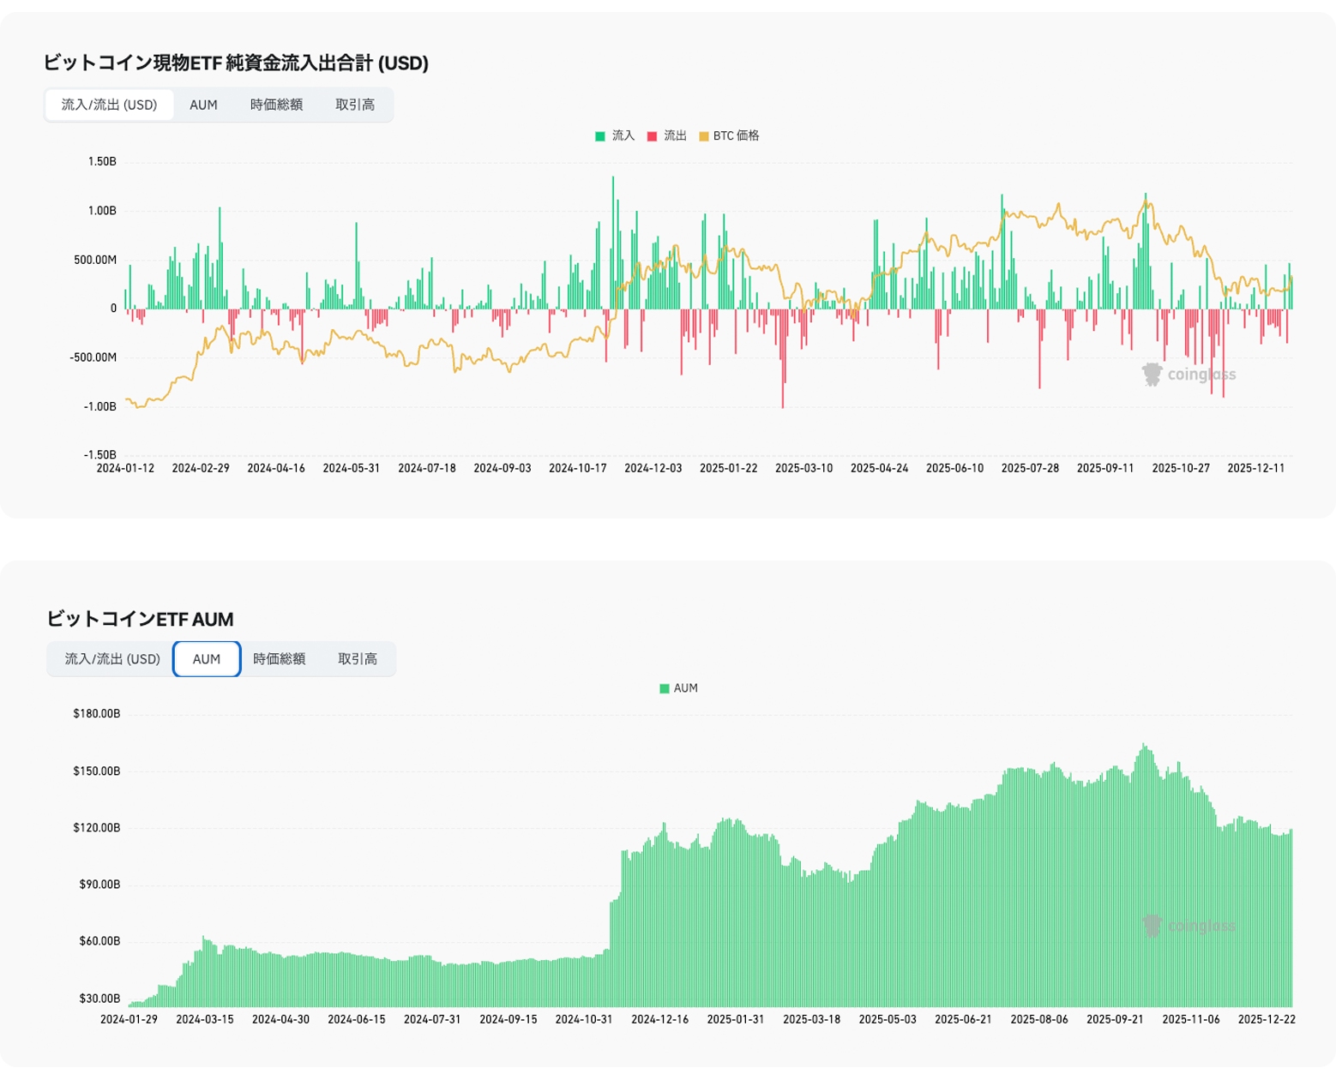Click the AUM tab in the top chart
[x=203, y=105]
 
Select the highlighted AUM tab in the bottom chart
[x=207, y=659]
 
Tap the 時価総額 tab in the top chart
[x=276, y=105]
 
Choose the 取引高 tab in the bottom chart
[x=358, y=659]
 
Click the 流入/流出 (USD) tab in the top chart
[x=109, y=105]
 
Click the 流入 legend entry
[x=615, y=136]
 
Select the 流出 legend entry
[x=667, y=136]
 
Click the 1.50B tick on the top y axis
[x=102, y=162]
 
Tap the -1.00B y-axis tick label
[x=99, y=407]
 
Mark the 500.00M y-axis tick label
[x=95, y=260]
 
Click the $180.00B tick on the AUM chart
[x=97, y=714]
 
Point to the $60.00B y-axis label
[x=99, y=941]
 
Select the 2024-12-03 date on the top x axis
[x=653, y=469]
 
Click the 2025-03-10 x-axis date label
[x=803, y=469]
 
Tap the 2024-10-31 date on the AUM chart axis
[x=584, y=1019]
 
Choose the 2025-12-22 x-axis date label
[x=1267, y=1019]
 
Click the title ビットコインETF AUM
[x=140, y=619]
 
